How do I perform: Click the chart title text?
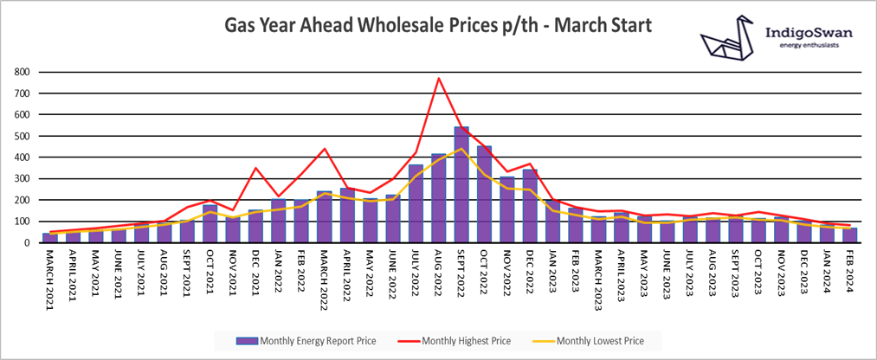click(437, 26)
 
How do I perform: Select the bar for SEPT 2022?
click(461, 185)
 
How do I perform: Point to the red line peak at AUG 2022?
click(439, 79)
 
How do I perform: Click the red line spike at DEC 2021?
click(255, 168)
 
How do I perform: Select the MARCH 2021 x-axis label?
click(48, 273)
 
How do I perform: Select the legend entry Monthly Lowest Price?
click(600, 340)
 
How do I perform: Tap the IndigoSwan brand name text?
click(809, 33)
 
